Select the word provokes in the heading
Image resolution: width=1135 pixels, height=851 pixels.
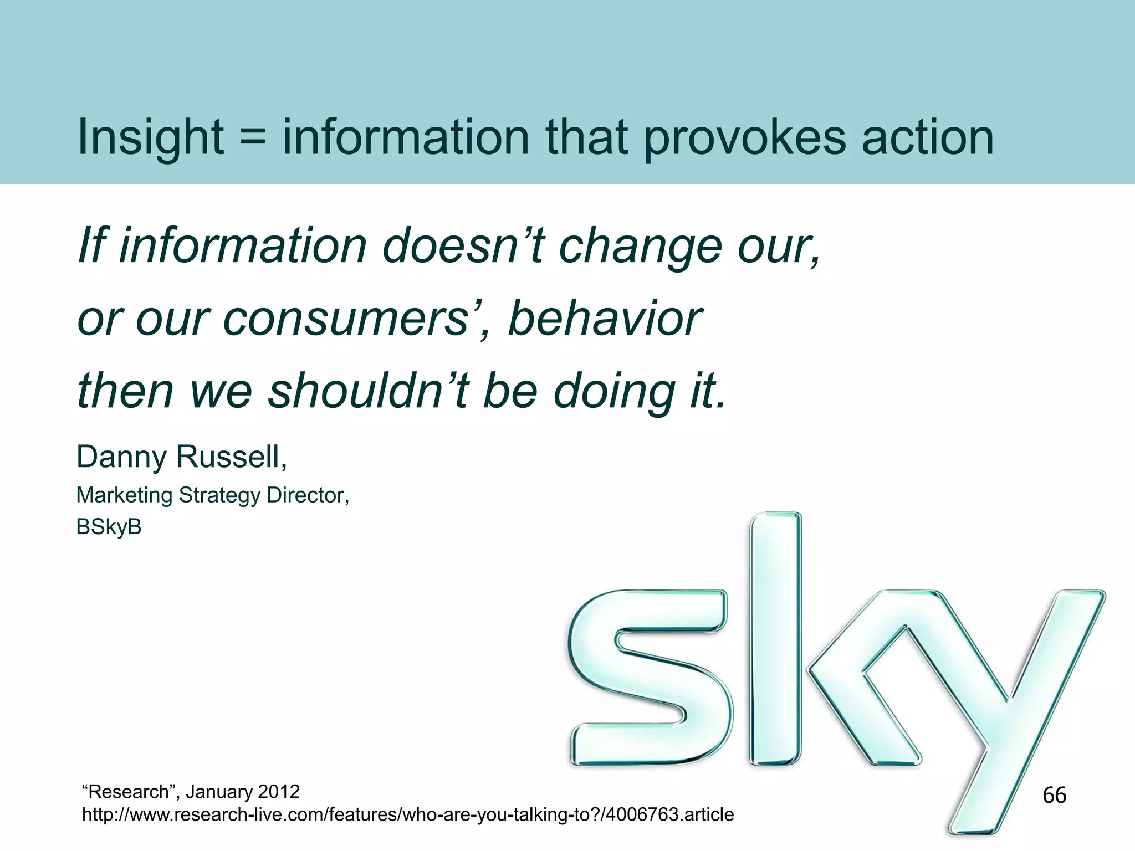coord(744,137)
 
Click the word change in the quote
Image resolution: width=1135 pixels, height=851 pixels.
coord(640,247)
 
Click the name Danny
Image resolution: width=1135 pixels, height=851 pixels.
coord(121,458)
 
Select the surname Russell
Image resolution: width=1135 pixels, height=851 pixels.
coord(231,458)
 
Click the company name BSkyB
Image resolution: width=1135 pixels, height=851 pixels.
coord(109,527)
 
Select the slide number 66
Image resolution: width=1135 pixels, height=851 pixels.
coord(1054,795)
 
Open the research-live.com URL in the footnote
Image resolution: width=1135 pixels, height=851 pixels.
coord(408,814)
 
